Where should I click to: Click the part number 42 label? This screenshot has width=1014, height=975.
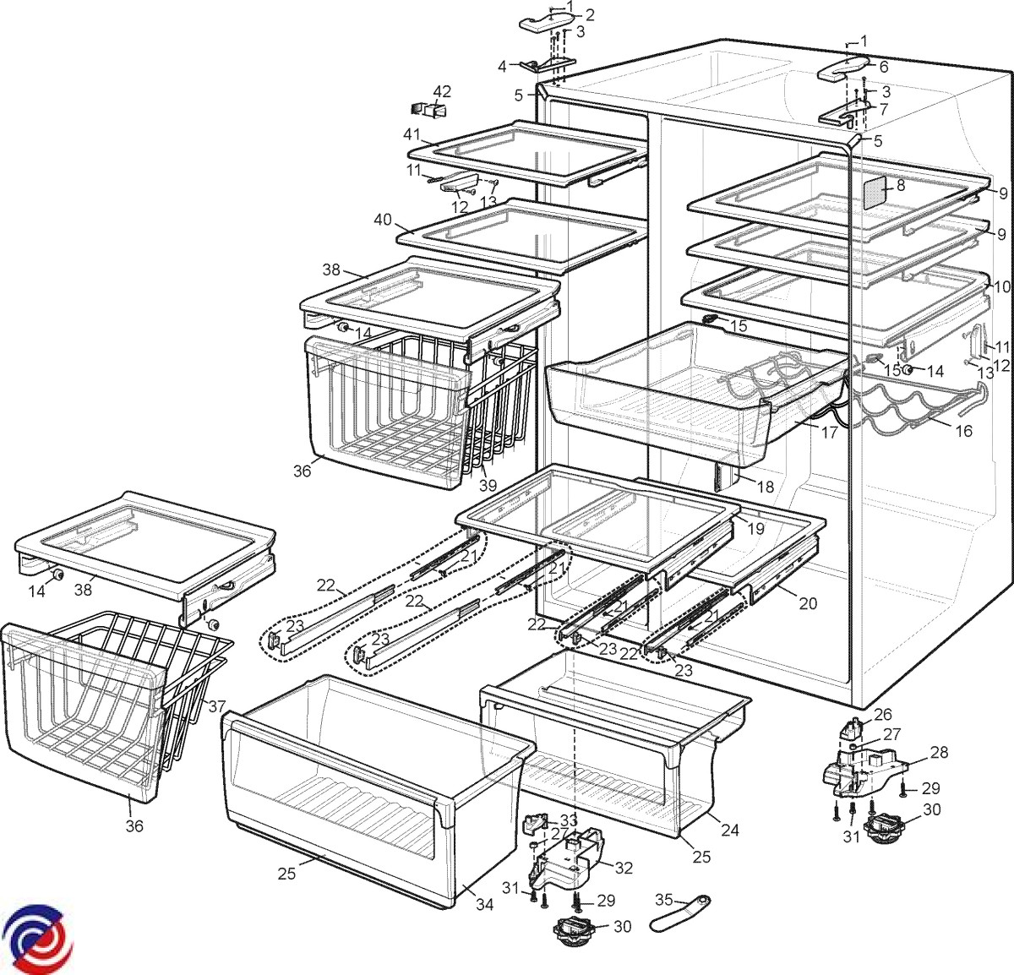click(442, 91)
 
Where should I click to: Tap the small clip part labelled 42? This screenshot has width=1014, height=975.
click(428, 109)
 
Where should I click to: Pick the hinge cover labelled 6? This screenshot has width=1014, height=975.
click(842, 69)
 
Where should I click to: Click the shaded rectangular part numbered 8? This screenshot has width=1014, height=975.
click(875, 193)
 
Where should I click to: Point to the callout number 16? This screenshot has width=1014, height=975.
click(963, 431)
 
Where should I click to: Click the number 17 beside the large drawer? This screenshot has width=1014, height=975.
click(829, 433)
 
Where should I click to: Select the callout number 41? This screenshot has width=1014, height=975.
click(412, 134)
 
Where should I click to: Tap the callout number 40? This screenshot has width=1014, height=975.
click(383, 220)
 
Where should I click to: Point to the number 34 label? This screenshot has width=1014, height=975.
click(483, 905)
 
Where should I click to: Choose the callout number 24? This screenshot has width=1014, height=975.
click(730, 830)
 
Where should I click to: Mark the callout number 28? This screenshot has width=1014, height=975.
click(939, 752)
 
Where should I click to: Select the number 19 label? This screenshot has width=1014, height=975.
click(755, 529)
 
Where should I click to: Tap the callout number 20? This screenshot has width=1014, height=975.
click(808, 603)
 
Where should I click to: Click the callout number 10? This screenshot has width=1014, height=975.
click(1001, 287)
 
